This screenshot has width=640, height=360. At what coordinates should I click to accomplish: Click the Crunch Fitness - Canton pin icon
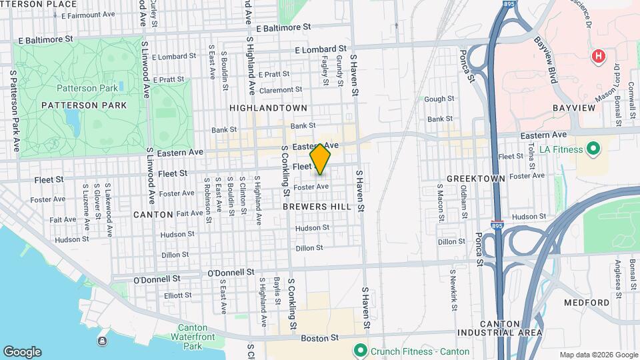pos(360,349)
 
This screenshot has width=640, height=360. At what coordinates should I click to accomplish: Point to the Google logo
pos(22,352)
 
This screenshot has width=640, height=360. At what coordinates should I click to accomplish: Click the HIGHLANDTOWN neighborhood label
pos(268,107)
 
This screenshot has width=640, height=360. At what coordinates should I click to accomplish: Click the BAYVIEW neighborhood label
pos(573,107)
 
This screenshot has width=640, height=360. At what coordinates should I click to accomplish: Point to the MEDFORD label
pos(586,302)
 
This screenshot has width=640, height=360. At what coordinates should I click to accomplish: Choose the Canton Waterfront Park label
pos(193,337)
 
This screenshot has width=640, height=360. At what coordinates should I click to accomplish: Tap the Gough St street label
pos(439,99)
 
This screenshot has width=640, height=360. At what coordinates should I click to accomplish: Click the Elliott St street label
pos(178,295)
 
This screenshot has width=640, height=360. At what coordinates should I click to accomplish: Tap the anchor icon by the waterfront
pos(102,341)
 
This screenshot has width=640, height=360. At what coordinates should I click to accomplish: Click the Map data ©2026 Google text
pos(598,355)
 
